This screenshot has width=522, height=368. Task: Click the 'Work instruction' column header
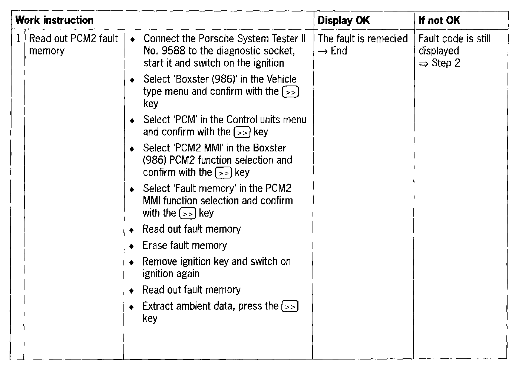54,20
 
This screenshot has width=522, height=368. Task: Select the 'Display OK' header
343,20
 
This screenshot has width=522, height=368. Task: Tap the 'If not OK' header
439,20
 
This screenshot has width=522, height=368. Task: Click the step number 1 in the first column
19,39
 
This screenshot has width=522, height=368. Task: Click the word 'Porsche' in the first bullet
215,39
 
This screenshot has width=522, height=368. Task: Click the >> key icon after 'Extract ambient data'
290,307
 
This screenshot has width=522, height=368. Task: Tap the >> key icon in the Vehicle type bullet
290,92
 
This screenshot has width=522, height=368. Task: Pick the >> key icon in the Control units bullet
242,132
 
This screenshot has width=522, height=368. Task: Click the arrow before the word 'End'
323,51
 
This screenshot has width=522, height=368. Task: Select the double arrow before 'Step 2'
423,64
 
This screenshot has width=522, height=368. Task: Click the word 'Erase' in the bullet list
155,245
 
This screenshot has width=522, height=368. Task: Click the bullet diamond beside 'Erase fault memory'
132,246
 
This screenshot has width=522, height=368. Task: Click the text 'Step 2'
446,63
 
